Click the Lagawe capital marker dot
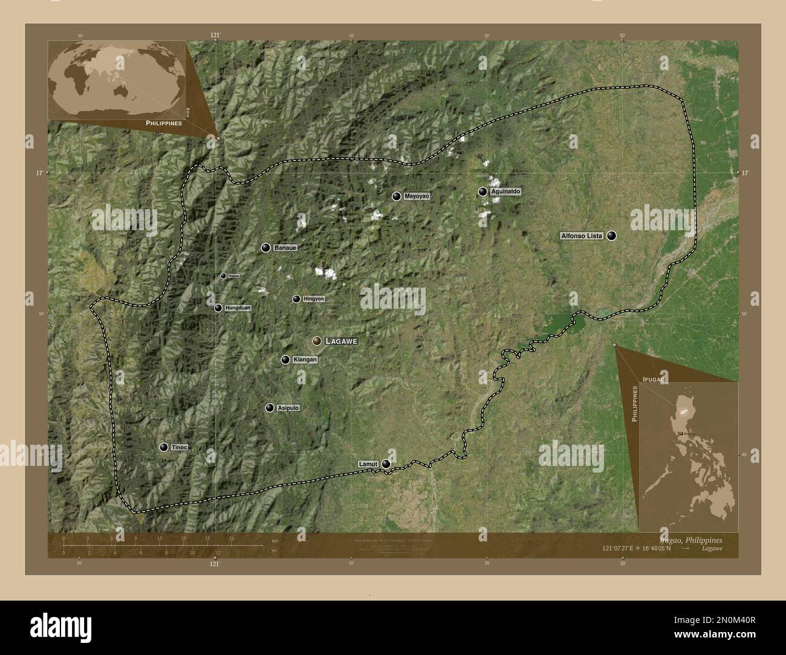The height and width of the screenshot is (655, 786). (x=316, y=341)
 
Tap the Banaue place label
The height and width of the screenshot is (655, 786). (x=285, y=248)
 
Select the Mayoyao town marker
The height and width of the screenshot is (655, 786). (x=396, y=196)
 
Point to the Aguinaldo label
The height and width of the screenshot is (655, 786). (x=505, y=192)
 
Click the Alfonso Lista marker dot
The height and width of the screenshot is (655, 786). (x=612, y=236)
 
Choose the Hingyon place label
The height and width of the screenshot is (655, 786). (x=314, y=299)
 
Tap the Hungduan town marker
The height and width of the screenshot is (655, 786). (x=218, y=308)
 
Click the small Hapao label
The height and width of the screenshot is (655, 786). (x=233, y=276)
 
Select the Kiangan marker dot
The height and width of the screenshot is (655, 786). (x=285, y=360)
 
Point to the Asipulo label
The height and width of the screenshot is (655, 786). (x=288, y=408)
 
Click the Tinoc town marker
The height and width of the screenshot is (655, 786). (x=163, y=447)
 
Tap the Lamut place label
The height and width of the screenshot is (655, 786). (x=368, y=464)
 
